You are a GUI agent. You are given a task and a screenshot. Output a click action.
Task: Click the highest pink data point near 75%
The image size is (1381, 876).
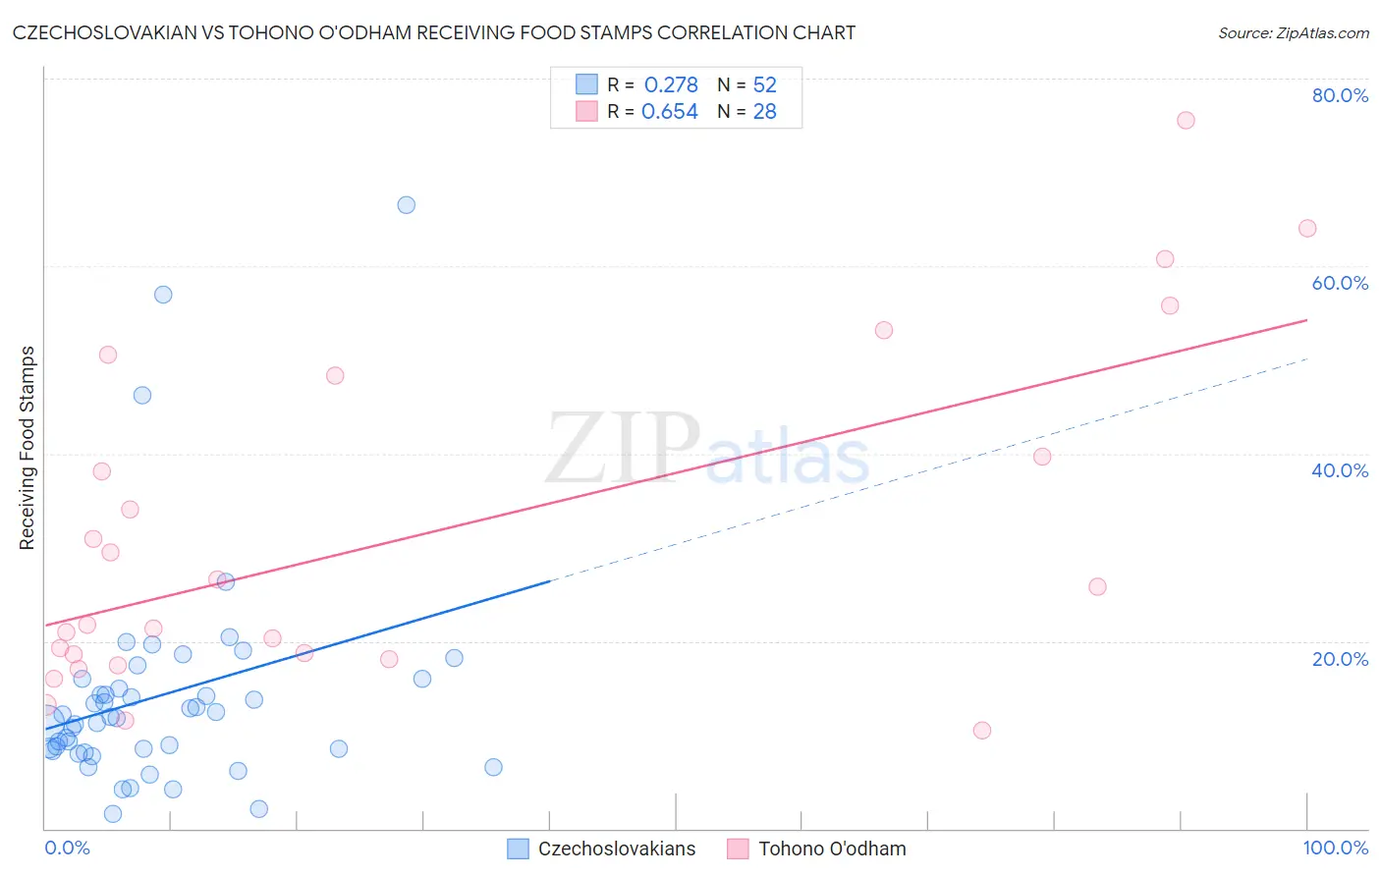point(1186,121)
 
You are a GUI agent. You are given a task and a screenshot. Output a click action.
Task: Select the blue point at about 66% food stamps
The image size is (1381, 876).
point(406,205)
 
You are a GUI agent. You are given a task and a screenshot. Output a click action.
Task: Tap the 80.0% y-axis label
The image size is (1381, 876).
point(1340,95)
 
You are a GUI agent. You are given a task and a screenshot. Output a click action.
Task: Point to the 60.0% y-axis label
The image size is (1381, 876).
point(1340,283)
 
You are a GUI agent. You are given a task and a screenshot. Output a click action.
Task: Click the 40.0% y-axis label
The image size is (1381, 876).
point(1340,470)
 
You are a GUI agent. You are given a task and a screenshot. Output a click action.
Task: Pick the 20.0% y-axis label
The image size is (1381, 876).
point(1340,659)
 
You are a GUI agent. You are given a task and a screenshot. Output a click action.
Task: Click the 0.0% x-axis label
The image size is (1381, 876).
point(67,848)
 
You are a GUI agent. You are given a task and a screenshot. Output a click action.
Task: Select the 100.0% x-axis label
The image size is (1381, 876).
point(1335,848)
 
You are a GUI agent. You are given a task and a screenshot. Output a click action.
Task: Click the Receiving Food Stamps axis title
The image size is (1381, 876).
point(27,448)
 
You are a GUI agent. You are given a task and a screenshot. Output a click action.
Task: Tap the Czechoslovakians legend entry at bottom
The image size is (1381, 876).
point(616,849)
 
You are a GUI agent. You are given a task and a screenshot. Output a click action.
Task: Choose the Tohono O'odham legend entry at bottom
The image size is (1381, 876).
point(832,849)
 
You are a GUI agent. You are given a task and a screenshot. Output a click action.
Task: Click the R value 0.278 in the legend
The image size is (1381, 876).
point(671,85)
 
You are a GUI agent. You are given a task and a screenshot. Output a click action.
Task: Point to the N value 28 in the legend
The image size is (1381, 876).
point(764,112)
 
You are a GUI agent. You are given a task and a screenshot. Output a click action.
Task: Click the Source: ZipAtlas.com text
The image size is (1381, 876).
point(1293,33)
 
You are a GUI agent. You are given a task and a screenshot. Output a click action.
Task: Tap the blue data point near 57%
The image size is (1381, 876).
point(163,295)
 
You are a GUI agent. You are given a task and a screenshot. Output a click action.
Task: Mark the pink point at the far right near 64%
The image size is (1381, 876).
point(1306,229)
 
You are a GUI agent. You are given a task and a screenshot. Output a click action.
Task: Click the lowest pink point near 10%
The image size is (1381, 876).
point(981,731)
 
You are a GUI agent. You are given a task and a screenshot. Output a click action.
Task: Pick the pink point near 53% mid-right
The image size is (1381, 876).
point(883,330)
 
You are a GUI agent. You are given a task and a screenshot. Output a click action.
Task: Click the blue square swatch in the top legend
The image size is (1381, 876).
point(586,84)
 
